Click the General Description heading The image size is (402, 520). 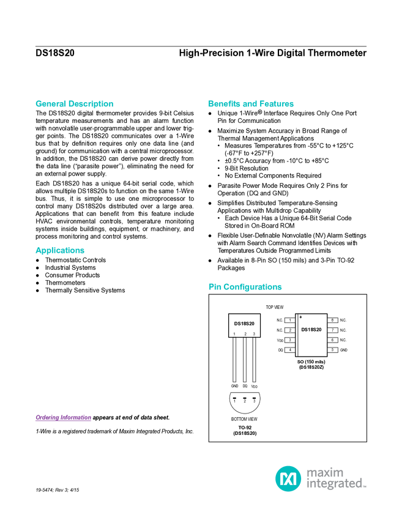pos(74,104)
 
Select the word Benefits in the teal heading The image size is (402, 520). pos(225,104)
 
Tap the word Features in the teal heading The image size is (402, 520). pos(277,104)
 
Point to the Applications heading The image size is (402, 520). pos(59,251)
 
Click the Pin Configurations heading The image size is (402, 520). pos(245,287)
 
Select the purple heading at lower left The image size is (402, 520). pos(63,418)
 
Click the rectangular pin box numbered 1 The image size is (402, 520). pos(290,320)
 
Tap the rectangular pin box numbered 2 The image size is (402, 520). pos(290,330)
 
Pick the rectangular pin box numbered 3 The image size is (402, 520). pos(290,340)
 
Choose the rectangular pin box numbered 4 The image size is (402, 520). pos(290,349)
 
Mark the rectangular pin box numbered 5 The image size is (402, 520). pos(332,349)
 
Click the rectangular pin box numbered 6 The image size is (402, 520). pos(332,340)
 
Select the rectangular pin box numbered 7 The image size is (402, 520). pos(332,330)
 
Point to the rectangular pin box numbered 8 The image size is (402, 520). pos(332,320)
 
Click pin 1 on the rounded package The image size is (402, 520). pos(234,400)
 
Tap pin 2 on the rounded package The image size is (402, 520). pos(244,400)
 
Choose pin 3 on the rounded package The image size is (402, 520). pos(254,400)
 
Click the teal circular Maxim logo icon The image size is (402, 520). pos(288,478)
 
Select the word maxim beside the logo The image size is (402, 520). pos(326,472)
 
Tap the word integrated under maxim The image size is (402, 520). pos(336,485)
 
